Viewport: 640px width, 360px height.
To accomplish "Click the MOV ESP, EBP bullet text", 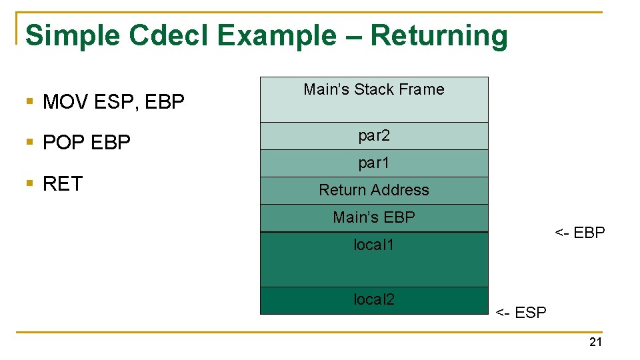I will coord(113,102).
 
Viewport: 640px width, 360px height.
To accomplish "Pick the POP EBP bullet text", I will coord(86,143).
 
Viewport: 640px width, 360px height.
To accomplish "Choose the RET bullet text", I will coord(62,184).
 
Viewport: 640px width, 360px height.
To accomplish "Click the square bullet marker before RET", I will coord(29,184).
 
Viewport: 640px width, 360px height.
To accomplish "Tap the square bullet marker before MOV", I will coord(29,102).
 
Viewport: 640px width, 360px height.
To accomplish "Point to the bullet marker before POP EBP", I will coord(29,143).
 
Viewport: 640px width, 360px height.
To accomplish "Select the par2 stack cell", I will coord(373,136).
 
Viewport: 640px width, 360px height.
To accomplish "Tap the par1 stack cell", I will coord(373,163).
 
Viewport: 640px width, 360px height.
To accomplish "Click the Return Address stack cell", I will coord(373,190).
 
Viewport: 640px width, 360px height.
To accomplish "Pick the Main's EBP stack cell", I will coord(373,217).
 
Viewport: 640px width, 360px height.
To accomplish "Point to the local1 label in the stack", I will coord(373,245).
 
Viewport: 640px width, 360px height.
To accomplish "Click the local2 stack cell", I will coord(373,300).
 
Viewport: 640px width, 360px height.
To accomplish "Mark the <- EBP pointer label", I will coord(579,233).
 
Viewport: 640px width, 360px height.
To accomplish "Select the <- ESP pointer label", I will coord(521,313).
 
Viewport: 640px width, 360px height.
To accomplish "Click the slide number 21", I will coord(595,342).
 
